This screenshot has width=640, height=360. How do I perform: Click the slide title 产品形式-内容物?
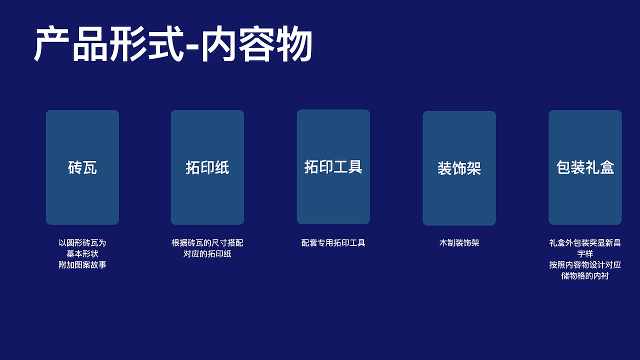click(173, 44)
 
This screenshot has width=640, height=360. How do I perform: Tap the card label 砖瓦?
click(82, 167)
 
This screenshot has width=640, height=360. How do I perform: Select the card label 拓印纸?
click(207, 167)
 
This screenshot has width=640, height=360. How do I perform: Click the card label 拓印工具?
click(333, 166)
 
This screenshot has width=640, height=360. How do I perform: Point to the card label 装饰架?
click(459, 168)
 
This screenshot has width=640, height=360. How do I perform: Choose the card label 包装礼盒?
click(585, 167)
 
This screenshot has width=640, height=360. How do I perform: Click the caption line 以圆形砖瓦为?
click(82, 243)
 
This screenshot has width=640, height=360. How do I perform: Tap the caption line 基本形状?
click(82, 254)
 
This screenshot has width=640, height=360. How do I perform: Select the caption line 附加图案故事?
click(82, 265)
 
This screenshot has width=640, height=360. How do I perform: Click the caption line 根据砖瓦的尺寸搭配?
click(207, 243)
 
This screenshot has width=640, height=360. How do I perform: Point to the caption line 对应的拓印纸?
click(207, 254)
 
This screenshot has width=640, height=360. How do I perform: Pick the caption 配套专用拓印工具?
click(333, 243)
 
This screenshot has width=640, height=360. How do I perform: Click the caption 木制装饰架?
click(459, 243)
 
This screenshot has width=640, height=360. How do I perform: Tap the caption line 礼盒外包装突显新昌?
click(585, 243)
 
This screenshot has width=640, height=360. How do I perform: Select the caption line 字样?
click(585, 254)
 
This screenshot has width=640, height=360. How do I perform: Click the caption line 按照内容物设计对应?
click(585, 265)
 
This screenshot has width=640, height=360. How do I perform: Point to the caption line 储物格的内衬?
click(585, 276)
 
